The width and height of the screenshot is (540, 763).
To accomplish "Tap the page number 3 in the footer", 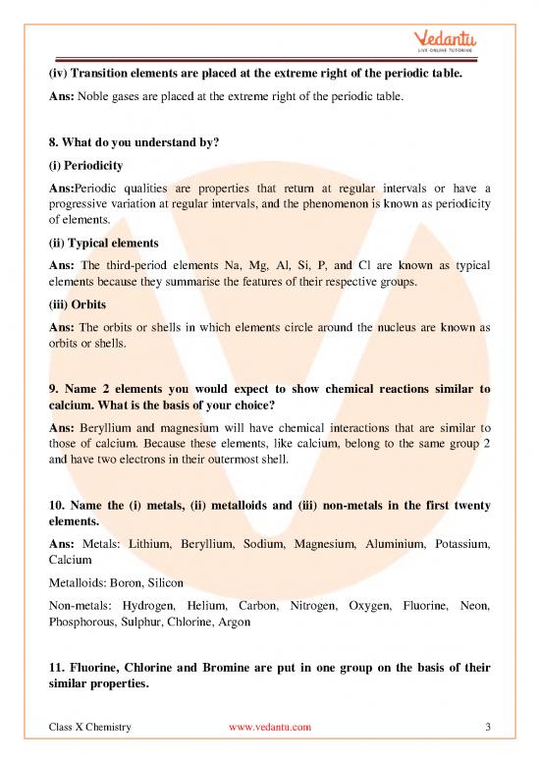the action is click(x=488, y=727).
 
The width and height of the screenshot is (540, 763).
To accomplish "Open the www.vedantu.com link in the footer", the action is click(x=269, y=727).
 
